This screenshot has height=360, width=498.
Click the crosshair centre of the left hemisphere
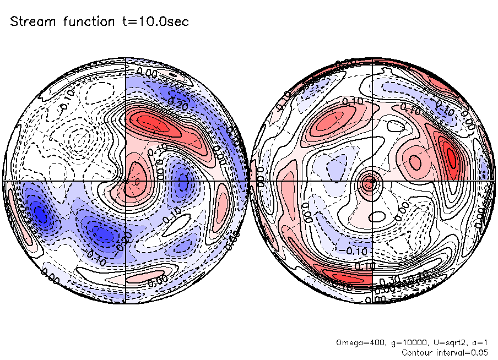pyautogui.click(x=126, y=180)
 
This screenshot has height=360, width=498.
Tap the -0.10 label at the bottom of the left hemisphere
pyautogui.click(x=98, y=254)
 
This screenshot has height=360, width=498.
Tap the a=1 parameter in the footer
pyautogui.click(x=478, y=343)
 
